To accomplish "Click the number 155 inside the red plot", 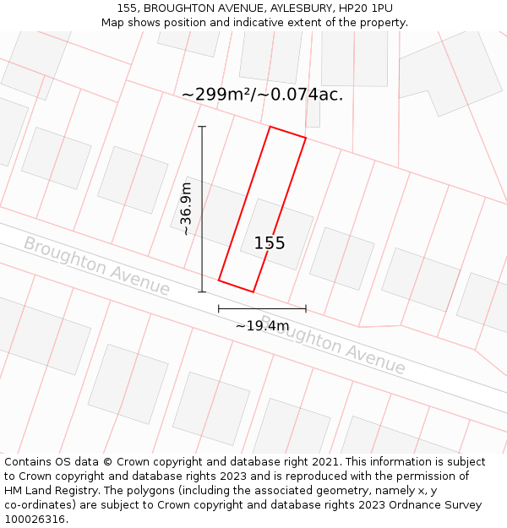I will pyautogui.click(x=270, y=243).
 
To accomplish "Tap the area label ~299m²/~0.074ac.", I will pyautogui.click(x=262, y=95).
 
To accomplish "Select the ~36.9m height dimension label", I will pyautogui.click(x=186, y=209).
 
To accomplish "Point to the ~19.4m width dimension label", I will pyautogui.click(x=262, y=326).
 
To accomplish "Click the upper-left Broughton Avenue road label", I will pyautogui.click(x=96, y=266).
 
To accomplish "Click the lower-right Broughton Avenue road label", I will pyautogui.click(x=333, y=346).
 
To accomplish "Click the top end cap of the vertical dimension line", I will pyautogui.click(x=202, y=127).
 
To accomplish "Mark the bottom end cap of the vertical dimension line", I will pyautogui.click(x=202, y=292).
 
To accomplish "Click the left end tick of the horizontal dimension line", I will pyautogui.click(x=219, y=309).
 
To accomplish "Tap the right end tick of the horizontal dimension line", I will pyautogui.click(x=306, y=309).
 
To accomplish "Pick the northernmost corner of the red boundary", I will pyautogui.click(x=270, y=127).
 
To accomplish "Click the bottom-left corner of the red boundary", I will pyautogui.click(x=219, y=280).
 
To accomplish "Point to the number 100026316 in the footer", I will pyautogui.click(x=34, y=519).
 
